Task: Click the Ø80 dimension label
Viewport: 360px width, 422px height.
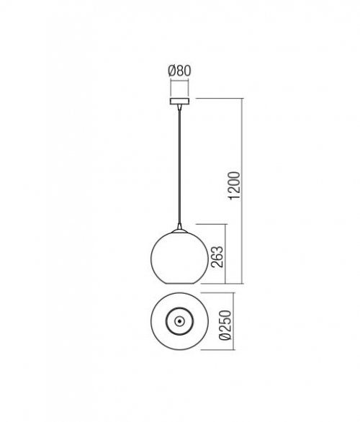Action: click(179, 71)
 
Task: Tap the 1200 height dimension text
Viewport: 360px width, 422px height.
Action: click(234, 185)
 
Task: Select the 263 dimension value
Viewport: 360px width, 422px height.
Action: click(217, 256)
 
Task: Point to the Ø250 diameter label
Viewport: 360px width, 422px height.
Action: click(225, 325)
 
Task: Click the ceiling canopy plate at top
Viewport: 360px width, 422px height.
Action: click(179, 102)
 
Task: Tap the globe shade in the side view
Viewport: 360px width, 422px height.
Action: click(180, 257)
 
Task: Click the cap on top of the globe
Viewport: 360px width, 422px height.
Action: click(179, 231)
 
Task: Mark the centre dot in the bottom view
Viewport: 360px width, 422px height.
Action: click(179, 321)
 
